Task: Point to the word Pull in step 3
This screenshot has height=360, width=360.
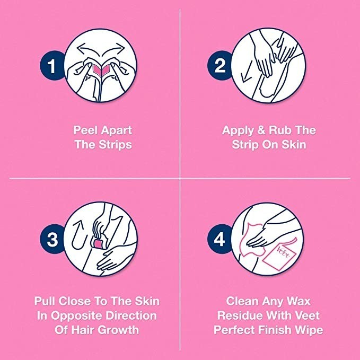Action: (46, 302)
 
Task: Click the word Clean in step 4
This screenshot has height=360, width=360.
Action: (242, 302)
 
